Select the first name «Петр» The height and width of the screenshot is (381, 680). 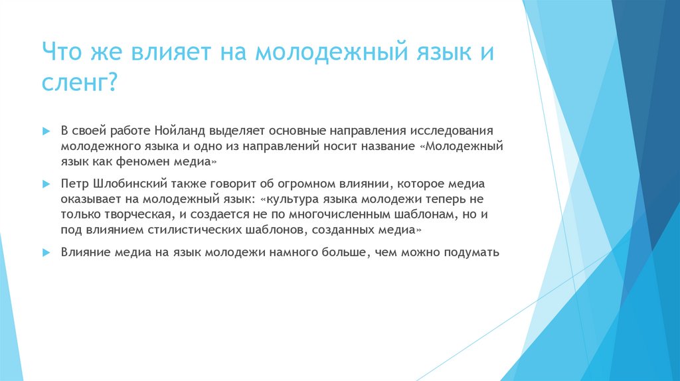(74, 183)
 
